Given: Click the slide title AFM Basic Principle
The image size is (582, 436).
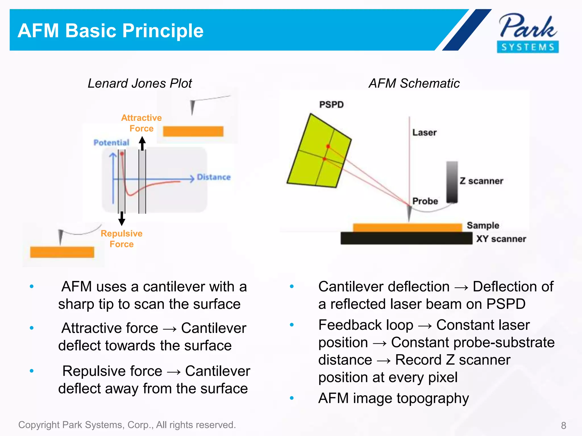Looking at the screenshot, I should pyautogui.click(x=111, y=31).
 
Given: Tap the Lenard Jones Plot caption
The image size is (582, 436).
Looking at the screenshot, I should pyautogui.click(x=140, y=83).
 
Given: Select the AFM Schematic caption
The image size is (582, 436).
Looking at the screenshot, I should pyautogui.click(x=414, y=83).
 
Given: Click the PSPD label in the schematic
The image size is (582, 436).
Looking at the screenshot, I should pyautogui.click(x=331, y=105).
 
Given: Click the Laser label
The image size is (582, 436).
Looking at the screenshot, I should pyautogui.click(x=424, y=133).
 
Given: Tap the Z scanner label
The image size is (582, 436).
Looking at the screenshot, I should pyautogui.click(x=481, y=181).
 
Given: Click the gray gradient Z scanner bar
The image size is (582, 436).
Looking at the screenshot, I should pyautogui.click(x=452, y=182).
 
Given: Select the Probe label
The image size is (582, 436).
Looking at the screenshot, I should pyautogui.click(x=425, y=201).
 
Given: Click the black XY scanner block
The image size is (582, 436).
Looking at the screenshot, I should pyautogui.click(x=406, y=238).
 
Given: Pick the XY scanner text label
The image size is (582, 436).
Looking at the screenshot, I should pyautogui.click(x=501, y=239).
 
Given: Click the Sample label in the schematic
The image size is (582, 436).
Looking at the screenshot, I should pyautogui.click(x=483, y=225).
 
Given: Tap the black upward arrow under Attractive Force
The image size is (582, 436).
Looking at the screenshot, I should pyautogui.click(x=142, y=143).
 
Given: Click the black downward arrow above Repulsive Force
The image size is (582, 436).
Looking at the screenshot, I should pyautogui.click(x=122, y=219).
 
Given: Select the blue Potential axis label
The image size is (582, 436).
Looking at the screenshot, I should pyautogui.click(x=111, y=142).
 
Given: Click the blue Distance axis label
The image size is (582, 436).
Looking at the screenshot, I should pyautogui.click(x=214, y=177).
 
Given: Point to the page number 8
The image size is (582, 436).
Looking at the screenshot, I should pyautogui.click(x=564, y=425).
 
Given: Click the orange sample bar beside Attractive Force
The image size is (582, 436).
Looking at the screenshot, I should pyautogui.click(x=193, y=131).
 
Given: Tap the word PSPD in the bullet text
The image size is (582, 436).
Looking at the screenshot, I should pyautogui.click(x=506, y=304).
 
